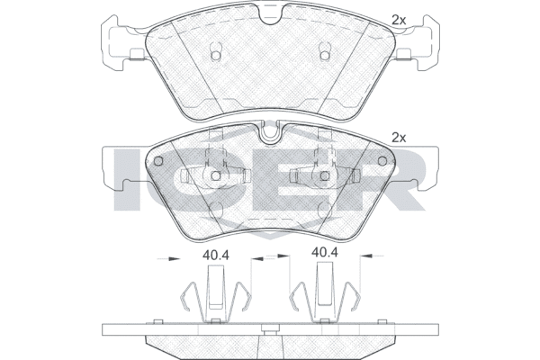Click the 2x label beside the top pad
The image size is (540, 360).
[x=399, y=21]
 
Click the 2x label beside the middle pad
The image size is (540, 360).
[x=399, y=138]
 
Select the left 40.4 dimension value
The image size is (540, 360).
[x=216, y=256]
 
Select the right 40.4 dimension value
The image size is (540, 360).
[x=325, y=253]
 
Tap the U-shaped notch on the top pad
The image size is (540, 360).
[x=271, y=16]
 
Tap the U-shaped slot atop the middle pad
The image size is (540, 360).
[x=270, y=134]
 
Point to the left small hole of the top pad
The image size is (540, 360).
[x=215, y=56]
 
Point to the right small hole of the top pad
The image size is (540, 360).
[x=324, y=56]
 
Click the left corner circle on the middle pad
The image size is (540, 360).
[x=158, y=161]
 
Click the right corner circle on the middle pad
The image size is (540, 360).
[x=382, y=161]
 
